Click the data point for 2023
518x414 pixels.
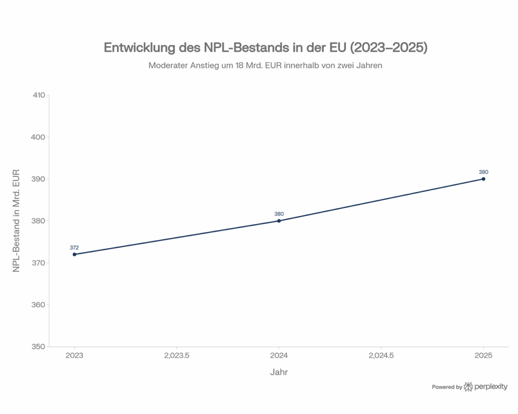[x=74, y=254]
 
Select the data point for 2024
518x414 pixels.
[x=279, y=221]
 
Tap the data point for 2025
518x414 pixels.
[x=484, y=179]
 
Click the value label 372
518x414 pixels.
[x=74, y=248]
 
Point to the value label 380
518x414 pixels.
[x=279, y=214]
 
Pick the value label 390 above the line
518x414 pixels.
[x=484, y=172]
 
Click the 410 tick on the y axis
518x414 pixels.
[x=38, y=95]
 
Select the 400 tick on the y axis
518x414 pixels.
[x=38, y=137]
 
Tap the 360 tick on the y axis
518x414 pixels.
[x=38, y=305]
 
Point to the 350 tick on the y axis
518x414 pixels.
[x=38, y=347]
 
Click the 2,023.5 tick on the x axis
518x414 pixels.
[x=177, y=356]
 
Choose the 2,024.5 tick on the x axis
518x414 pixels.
[x=381, y=356]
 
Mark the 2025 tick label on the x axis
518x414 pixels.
[x=484, y=356]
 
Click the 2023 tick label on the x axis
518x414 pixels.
[x=74, y=356]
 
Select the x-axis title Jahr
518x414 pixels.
[x=279, y=373]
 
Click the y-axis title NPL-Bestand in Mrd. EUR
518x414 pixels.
[x=16, y=221]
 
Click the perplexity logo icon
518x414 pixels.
[x=468, y=387]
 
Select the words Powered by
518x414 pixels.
[x=447, y=387]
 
